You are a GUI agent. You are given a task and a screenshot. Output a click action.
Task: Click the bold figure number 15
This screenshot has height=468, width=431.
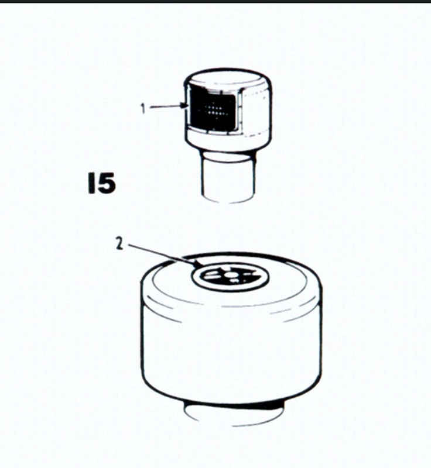pyautogui.click(x=101, y=183)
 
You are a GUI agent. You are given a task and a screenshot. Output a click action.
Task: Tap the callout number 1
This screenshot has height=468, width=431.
pyautogui.click(x=143, y=108)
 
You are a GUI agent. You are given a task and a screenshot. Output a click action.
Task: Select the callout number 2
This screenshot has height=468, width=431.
pyautogui.click(x=119, y=244)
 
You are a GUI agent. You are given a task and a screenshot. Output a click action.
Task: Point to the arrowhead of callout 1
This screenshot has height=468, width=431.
pyautogui.click(x=184, y=105)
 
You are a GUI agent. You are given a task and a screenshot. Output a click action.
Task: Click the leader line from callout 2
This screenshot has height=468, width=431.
pyautogui.click(x=163, y=255)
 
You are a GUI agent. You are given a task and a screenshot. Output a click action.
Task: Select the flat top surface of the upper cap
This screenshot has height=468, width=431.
pyautogui.click(x=228, y=78)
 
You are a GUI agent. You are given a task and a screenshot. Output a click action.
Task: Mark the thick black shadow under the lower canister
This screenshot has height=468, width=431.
pyautogui.click(x=233, y=404)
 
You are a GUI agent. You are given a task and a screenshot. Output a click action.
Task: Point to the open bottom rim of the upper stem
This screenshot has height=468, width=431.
pyautogui.click(x=228, y=199)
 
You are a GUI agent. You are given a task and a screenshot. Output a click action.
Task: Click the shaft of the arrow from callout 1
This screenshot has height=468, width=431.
pyautogui.click(x=165, y=106)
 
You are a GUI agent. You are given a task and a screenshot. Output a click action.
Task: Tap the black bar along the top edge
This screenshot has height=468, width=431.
pyautogui.click(x=215, y=1)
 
